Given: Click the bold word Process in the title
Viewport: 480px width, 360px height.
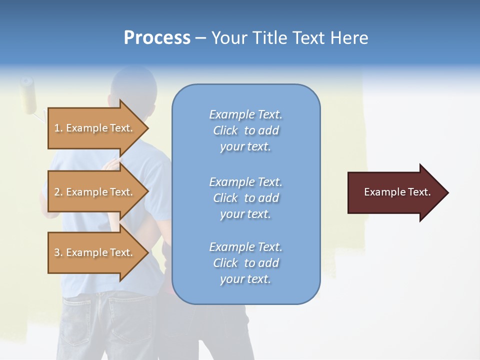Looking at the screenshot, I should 157,38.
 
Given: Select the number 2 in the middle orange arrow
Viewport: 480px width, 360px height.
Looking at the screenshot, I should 57,192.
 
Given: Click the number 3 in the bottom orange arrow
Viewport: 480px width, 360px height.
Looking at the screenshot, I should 57,252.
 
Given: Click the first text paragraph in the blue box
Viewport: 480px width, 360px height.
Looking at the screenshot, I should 245,130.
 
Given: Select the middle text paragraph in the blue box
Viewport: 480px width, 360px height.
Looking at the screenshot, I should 245,197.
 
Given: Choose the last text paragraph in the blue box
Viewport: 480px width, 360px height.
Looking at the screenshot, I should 245,263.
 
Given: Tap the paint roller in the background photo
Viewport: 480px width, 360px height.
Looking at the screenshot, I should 29,95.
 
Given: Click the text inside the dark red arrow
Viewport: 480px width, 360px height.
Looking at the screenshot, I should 397,192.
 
